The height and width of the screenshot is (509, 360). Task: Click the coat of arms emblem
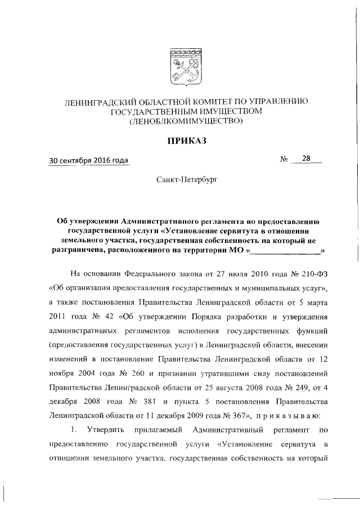pyautogui.click(x=185, y=67)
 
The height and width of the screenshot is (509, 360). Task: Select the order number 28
pyautogui.click(x=306, y=159)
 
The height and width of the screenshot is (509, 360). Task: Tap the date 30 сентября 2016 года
pyautogui.click(x=89, y=160)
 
